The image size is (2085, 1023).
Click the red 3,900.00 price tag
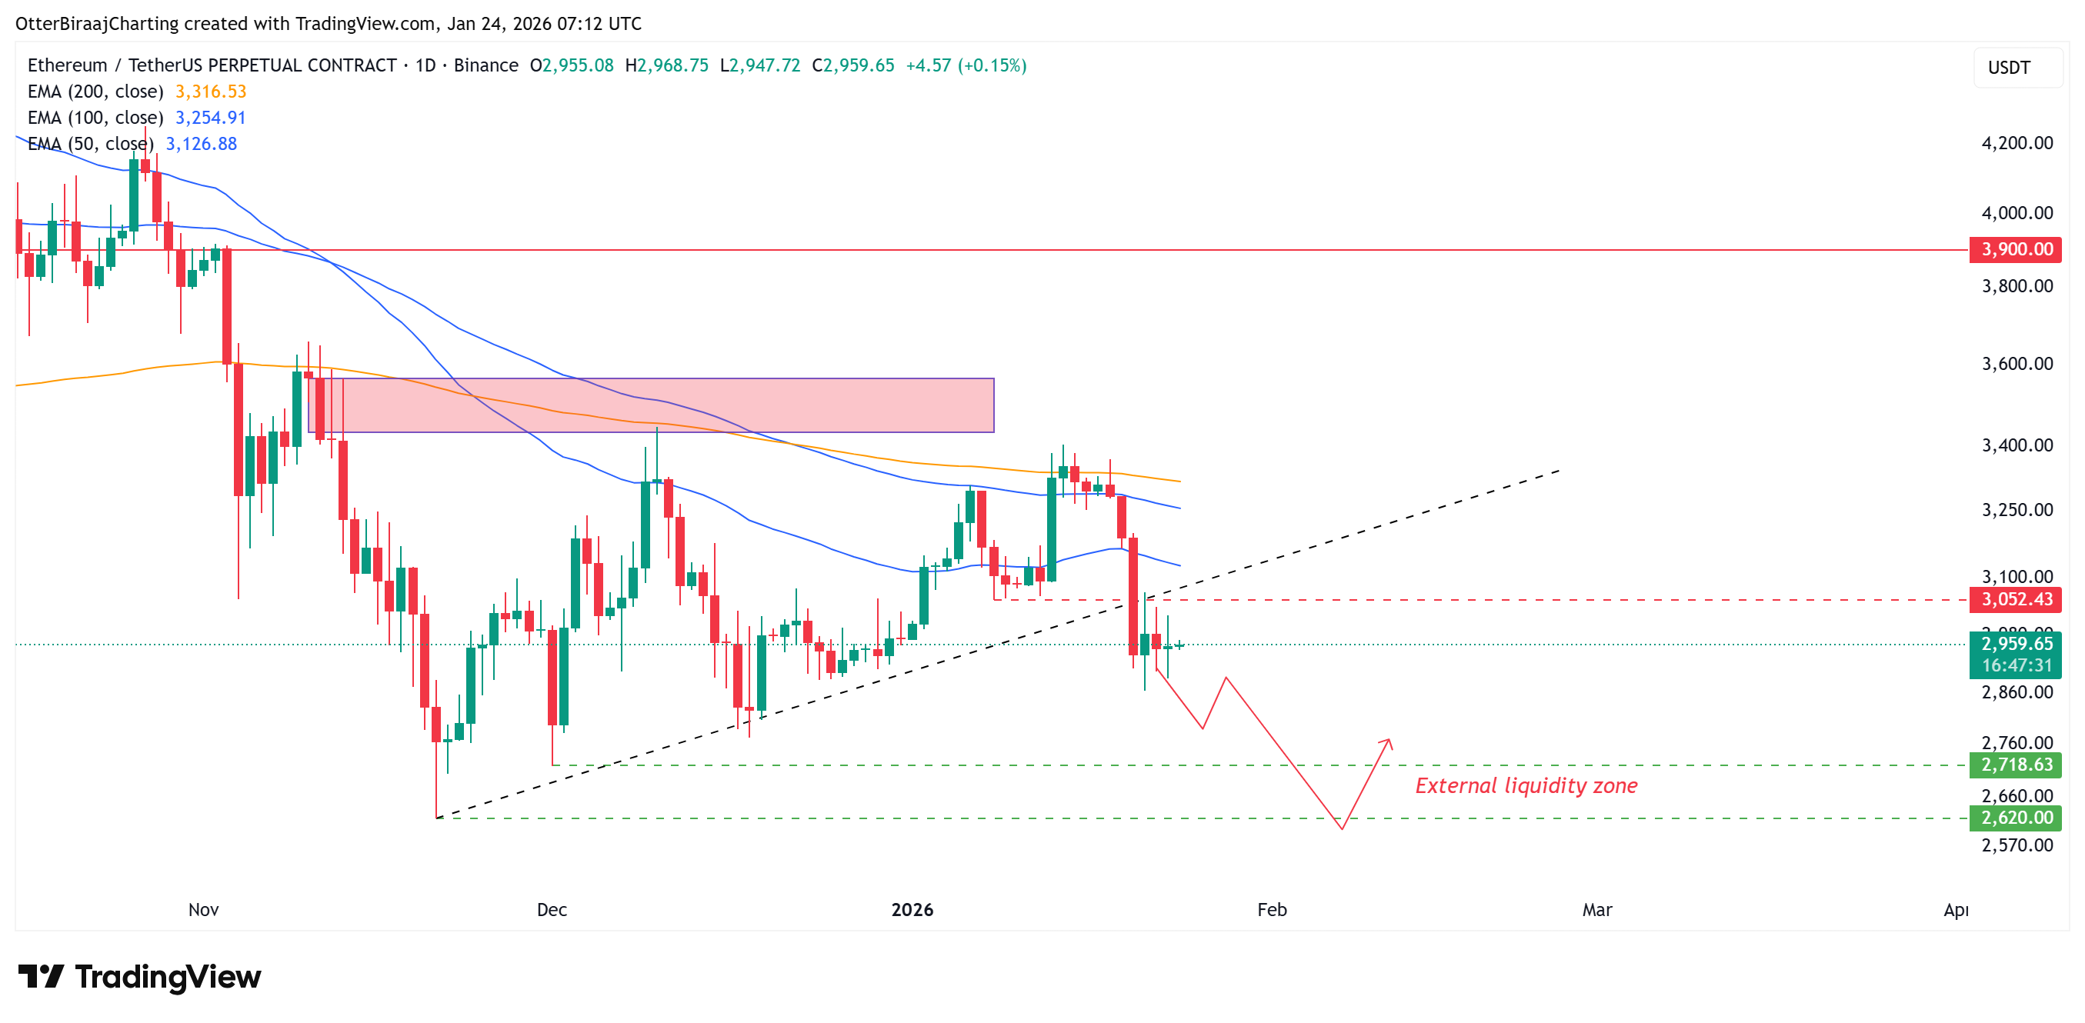point(2016,249)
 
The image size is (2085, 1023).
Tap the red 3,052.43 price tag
point(2016,600)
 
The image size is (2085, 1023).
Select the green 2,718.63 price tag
point(2016,765)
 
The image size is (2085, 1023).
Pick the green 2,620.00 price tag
point(2016,818)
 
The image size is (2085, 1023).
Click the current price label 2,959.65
point(2016,645)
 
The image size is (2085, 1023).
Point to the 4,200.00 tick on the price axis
point(2017,143)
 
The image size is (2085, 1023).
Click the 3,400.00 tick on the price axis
point(2017,445)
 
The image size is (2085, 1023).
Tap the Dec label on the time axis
point(552,910)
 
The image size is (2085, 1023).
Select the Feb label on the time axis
point(1272,910)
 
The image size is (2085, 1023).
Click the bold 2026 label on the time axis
point(912,910)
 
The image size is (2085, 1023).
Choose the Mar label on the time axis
point(1597,910)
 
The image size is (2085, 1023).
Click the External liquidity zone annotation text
point(1526,786)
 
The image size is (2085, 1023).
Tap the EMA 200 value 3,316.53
point(211,92)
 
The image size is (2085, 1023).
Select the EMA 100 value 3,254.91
point(211,118)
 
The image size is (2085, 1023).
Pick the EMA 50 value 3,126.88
point(201,144)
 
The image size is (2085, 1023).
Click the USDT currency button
point(2009,67)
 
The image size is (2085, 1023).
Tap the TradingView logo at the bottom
point(139,977)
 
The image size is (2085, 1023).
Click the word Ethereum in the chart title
point(67,65)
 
